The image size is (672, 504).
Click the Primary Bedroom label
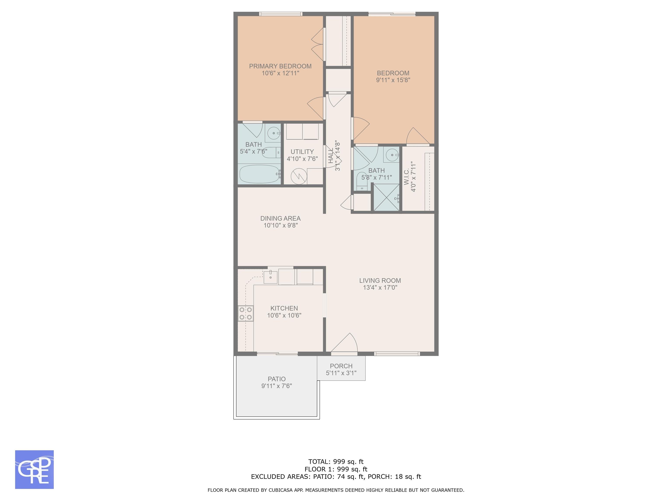280,66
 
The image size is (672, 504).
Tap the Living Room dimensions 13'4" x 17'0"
380,287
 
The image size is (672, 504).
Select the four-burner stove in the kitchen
245,313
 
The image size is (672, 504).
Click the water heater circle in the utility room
297,176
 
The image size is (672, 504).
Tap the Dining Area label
280,219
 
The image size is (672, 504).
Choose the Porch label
341,366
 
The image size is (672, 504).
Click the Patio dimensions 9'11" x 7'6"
276,386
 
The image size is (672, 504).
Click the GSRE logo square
34,469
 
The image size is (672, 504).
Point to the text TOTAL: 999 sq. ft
336,462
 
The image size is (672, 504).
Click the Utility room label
302,152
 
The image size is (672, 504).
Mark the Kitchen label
284,308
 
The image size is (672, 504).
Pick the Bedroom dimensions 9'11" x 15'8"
393,80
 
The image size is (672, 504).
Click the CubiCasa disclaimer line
336,490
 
